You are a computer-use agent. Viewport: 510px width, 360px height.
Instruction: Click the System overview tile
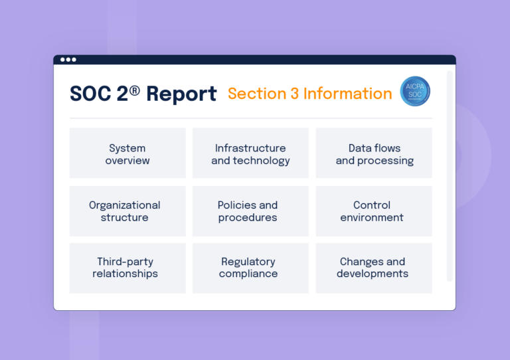[127, 153]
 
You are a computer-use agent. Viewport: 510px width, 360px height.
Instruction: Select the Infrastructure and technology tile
[250, 153]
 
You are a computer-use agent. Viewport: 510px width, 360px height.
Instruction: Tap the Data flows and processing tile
[374, 153]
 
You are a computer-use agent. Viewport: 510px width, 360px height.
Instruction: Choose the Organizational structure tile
[127, 211]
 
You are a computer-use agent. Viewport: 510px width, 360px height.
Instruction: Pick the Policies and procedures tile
[250, 211]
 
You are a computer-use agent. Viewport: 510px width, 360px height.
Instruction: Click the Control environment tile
[374, 211]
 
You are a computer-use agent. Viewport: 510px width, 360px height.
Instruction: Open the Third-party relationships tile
[127, 268]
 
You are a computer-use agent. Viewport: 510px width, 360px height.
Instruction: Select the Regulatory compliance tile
[250, 268]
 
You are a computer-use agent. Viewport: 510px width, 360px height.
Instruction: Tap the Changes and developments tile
[374, 268]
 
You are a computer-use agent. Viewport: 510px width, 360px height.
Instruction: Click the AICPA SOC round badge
[415, 92]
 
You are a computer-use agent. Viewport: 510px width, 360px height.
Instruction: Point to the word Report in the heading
[181, 94]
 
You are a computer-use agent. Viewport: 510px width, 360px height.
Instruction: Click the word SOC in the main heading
[90, 94]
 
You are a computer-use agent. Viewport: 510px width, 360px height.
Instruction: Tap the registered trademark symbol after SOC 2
[135, 90]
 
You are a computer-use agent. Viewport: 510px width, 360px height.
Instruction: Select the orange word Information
[347, 94]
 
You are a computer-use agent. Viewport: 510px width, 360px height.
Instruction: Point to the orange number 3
[294, 94]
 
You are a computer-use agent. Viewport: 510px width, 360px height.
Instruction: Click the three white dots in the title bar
[68, 60]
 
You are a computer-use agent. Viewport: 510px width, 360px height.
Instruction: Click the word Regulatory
[248, 262]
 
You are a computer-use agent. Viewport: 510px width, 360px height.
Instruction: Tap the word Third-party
[126, 262]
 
